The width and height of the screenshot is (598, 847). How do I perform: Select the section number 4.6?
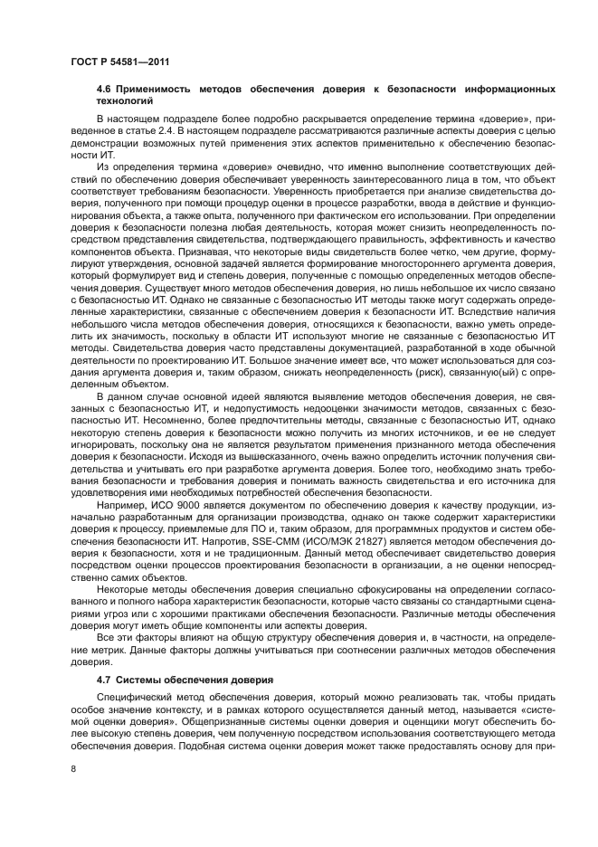tap(104, 90)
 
